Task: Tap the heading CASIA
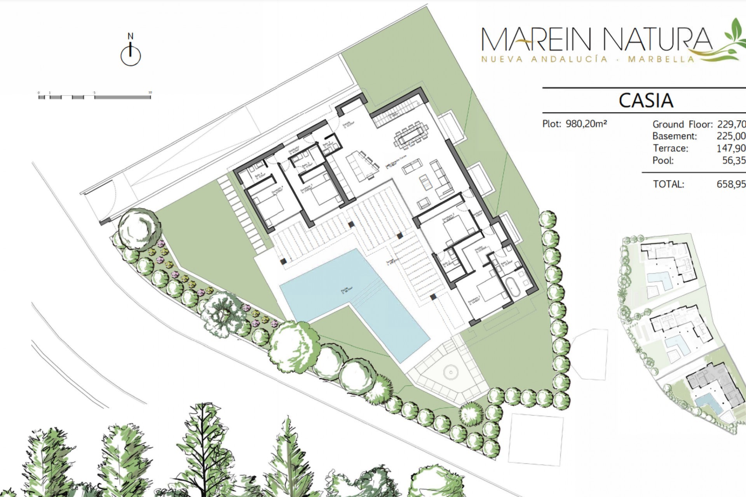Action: (x=645, y=101)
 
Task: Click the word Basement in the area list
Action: (x=675, y=136)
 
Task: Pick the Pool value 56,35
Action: (x=734, y=160)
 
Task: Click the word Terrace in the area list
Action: (x=670, y=148)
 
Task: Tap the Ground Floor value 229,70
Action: (x=731, y=124)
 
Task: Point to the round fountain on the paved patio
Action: (x=450, y=372)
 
